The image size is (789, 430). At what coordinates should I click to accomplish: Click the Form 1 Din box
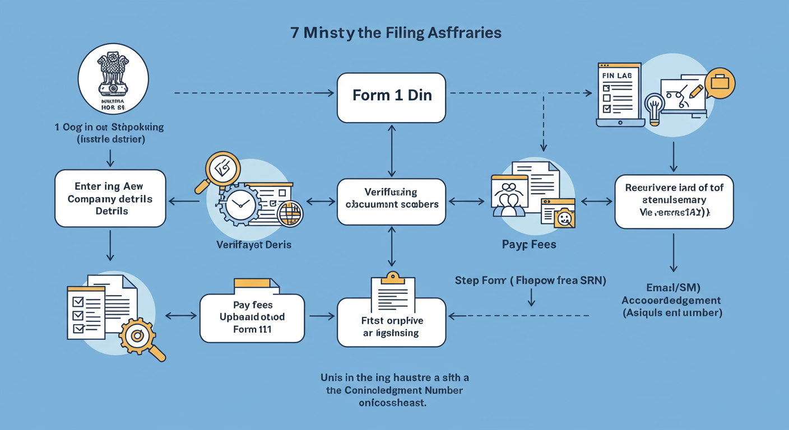[x=392, y=95]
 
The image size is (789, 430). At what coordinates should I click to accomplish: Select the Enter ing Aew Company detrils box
[x=110, y=198]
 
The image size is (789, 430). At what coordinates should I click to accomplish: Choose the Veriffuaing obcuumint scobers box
[x=392, y=202]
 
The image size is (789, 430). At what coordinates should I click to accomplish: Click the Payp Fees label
[x=528, y=245]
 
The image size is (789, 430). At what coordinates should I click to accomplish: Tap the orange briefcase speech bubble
[x=720, y=83]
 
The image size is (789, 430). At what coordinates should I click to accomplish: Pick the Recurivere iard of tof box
[x=674, y=201]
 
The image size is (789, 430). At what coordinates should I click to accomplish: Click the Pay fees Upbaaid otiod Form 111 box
[x=252, y=317]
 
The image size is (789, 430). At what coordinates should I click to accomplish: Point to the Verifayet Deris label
[x=254, y=245]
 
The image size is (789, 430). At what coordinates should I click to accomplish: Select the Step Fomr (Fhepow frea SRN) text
[x=530, y=281]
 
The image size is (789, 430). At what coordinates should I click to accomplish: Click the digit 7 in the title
[x=295, y=33]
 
